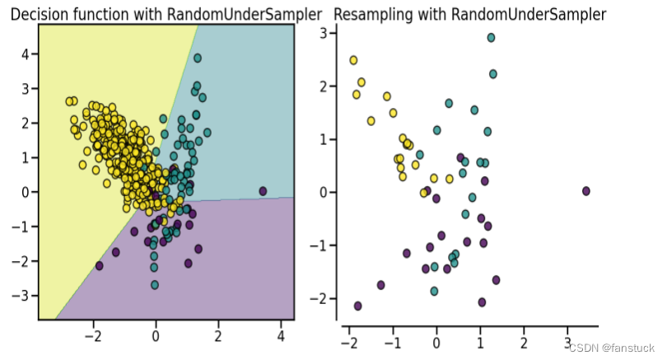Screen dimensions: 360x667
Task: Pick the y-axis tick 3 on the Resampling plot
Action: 324,33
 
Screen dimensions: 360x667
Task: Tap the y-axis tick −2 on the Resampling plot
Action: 321,298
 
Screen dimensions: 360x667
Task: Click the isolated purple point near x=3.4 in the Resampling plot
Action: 586,191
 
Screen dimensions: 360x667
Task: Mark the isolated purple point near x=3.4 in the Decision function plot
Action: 263,191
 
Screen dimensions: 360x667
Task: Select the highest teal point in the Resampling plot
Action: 491,38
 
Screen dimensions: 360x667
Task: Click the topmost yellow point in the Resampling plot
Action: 353,60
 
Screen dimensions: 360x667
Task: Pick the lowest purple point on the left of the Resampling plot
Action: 357,306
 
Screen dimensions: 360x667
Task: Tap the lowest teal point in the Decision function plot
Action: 154,285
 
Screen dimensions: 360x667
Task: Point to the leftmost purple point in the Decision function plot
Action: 100,265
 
